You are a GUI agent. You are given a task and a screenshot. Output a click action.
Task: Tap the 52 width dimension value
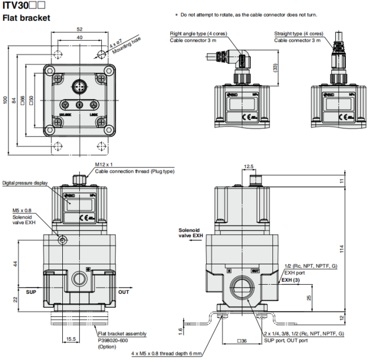79,29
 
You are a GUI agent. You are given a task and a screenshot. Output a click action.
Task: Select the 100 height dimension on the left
6,100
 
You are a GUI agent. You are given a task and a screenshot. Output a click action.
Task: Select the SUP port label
31,292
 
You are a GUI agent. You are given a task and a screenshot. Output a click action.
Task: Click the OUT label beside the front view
123,292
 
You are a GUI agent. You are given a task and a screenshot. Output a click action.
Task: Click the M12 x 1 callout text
105,165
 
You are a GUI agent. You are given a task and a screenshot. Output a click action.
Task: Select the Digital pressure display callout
25,183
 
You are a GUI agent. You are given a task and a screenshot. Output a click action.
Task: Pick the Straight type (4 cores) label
299,34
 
